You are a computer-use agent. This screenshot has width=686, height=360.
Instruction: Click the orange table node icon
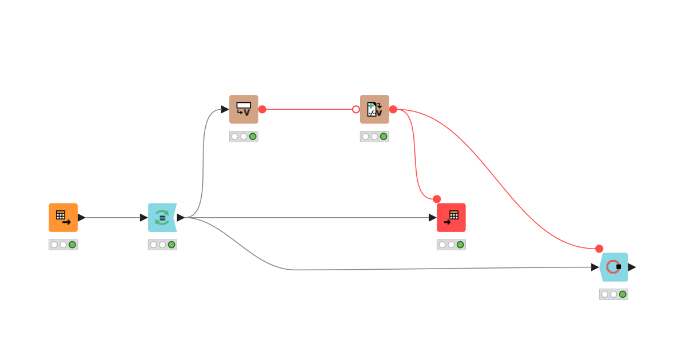[x=63, y=218]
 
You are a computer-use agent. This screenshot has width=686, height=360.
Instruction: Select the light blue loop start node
[x=162, y=218]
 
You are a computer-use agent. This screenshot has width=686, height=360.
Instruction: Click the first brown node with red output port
[x=244, y=109]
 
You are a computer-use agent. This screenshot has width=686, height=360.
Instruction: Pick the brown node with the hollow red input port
[x=374, y=109]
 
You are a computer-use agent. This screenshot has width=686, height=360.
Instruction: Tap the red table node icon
[x=451, y=218]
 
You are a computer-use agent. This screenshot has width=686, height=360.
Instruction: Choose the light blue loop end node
[x=614, y=267]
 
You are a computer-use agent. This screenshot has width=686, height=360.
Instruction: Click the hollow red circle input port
[x=356, y=109]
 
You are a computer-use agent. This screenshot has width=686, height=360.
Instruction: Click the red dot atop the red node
[x=437, y=199]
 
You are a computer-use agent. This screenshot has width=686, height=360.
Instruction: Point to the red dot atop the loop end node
[x=599, y=249]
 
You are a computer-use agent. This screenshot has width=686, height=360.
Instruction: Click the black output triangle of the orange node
[x=81, y=218]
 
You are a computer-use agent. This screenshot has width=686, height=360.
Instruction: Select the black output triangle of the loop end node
[x=632, y=267]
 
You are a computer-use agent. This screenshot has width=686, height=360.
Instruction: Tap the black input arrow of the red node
[x=433, y=218]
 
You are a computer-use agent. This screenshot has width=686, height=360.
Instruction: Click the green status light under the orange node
[x=72, y=245]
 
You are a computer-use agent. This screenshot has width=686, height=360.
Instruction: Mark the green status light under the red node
[x=460, y=245]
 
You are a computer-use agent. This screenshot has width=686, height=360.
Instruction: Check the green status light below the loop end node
[x=623, y=294]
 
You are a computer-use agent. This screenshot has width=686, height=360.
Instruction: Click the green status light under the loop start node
[x=171, y=245]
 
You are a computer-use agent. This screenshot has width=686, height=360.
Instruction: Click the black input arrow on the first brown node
[x=225, y=109]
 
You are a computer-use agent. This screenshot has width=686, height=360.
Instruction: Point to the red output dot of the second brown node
[x=393, y=109]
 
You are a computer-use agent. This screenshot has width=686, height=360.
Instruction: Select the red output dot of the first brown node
[x=262, y=109]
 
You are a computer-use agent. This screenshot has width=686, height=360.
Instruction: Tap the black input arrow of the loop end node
[x=595, y=267]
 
